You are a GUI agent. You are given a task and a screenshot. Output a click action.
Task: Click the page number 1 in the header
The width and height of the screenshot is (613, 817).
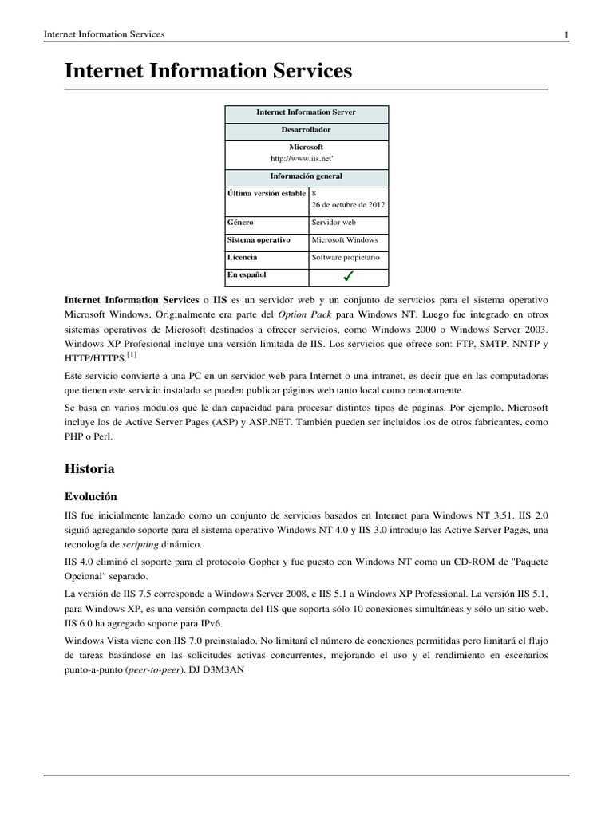coord(566,34)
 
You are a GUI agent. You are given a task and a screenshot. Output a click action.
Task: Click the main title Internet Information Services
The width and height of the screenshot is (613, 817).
coord(208,71)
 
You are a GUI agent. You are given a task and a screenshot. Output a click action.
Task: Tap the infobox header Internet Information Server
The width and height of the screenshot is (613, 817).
coord(306,113)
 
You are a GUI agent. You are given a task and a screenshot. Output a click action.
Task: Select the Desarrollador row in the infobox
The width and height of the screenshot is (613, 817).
coord(306,130)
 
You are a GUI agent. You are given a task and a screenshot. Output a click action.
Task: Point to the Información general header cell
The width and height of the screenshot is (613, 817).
coord(306,176)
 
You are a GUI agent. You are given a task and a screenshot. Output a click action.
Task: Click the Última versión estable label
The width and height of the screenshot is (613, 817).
coord(267,193)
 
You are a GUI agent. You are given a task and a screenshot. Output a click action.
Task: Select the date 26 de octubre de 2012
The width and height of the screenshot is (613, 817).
coord(348,205)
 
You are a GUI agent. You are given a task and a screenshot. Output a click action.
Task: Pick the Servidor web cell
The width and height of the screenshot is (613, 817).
coord(334,223)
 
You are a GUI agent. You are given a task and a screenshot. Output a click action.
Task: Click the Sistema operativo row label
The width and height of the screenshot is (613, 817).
coord(259,239)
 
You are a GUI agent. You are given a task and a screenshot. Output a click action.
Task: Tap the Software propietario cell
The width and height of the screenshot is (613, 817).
coord(346,258)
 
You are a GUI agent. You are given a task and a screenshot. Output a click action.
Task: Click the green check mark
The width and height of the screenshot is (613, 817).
coord(348,277)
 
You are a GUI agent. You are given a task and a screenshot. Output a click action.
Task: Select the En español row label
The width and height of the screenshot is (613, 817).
coord(247,275)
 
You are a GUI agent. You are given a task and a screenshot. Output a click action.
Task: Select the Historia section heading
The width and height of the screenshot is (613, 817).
coord(89,468)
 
